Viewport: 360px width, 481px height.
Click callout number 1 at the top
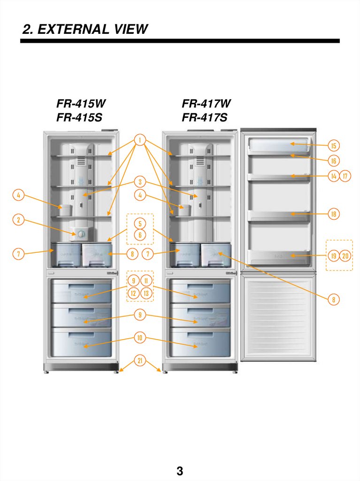click(x=139, y=140)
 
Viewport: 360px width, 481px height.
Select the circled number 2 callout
click(x=18, y=219)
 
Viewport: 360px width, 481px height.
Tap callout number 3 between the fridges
click(x=139, y=181)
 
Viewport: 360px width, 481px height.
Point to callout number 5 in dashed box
click(x=140, y=223)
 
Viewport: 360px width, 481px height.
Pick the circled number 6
click(x=140, y=235)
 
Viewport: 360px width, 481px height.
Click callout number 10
click(x=139, y=337)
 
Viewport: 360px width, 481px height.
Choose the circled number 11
click(x=146, y=281)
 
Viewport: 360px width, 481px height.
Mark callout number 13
click(x=146, y=294)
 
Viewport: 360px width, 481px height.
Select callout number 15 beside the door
click(x=334, y=146)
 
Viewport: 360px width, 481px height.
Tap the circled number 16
click(x=334, y=161)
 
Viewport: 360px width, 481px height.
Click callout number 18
click(x=334, y=214)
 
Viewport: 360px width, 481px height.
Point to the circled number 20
click(x=345, y=256)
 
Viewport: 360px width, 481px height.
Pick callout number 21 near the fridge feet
click(x=139, y=361)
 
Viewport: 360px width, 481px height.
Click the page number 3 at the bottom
click(x=180, y=471)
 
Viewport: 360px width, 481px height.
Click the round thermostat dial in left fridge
click(x=81, y=233)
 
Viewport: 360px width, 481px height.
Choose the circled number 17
click(x=345, y=176)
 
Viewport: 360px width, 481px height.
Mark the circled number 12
click(x=134, y=294)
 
